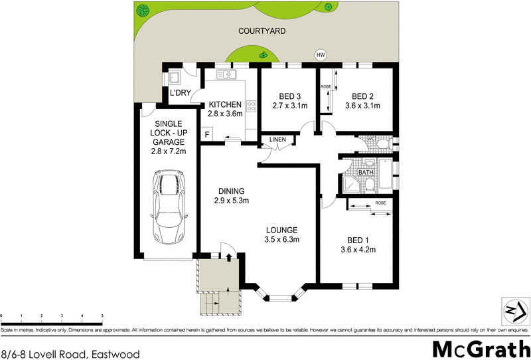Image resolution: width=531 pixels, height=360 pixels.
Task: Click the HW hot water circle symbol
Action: [x=321, y=55]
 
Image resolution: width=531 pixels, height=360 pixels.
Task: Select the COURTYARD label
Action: [x=262, y=31]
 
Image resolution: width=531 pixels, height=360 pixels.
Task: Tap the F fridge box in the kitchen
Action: [x=207, y=135]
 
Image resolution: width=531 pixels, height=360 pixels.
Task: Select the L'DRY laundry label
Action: [x=181, y=93]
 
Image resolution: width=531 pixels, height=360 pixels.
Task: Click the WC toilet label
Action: [x=372, y=139]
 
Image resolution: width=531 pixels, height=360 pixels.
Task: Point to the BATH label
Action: [x=366, y=173]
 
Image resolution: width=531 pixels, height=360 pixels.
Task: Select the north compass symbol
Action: [x=512, y=311]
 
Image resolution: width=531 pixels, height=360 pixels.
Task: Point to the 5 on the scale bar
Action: [x=102, y=315]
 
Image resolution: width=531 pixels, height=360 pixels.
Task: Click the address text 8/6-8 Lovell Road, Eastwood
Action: [x=70, y=354]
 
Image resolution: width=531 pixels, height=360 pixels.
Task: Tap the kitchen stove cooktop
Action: [x=252, y=106]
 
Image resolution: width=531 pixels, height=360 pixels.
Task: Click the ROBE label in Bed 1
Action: [x=380, y=203]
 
